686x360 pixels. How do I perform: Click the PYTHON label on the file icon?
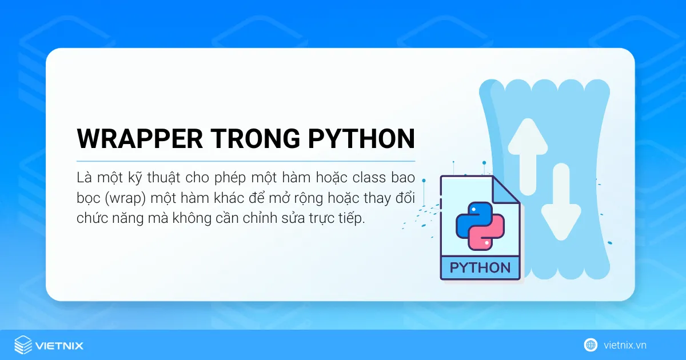coord(480,267)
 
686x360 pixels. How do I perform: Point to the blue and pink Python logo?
coord(480,225)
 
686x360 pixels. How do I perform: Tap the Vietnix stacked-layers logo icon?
coord(23,345)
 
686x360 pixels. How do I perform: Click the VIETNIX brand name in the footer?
coord(59,346)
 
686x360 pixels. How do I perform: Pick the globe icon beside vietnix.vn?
coord(591,345)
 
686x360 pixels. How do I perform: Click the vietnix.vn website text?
coord(625,345)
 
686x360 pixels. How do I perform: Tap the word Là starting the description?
coord(84,178)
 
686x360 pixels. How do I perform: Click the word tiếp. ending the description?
coord(350,219)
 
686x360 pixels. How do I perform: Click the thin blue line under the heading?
coord(246,161)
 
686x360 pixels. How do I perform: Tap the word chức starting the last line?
coord(90,219)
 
